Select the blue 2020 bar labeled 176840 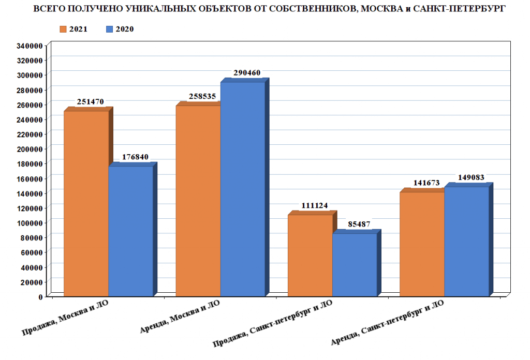(130, 231)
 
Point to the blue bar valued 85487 (355, 265)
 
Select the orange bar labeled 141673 (422, 244)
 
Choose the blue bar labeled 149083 (466, 241)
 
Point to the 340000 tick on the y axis (29, 46)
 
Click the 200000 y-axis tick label (29, 149)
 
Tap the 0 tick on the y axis (40, 297)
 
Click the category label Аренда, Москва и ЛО (181, 317)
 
